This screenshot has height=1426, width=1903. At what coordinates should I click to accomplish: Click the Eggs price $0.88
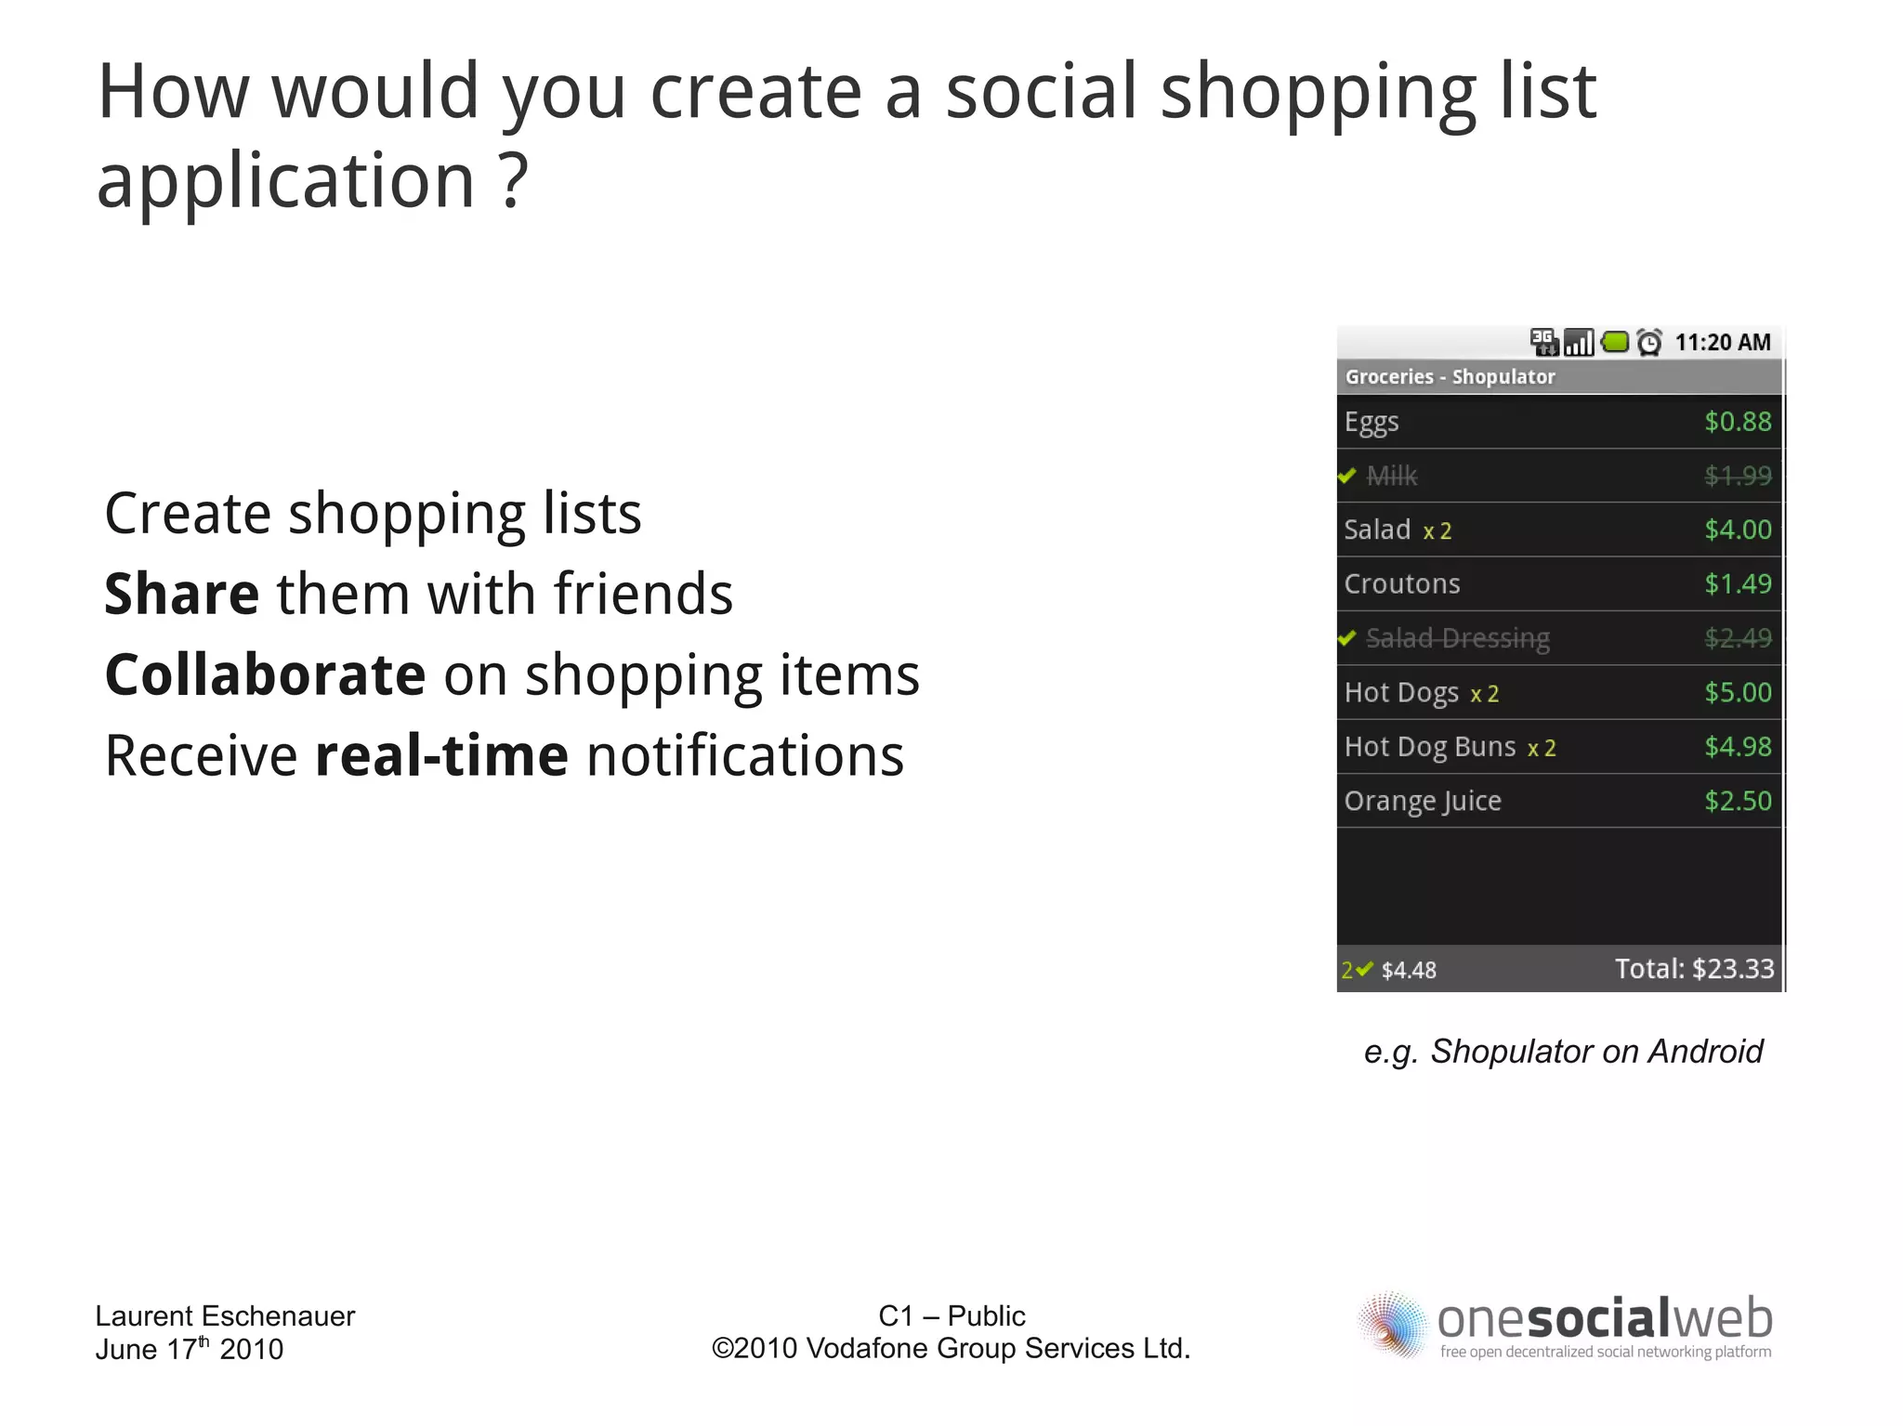pyautogui.click(x=1737, y=422)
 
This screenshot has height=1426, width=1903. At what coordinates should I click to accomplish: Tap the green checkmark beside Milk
pyautogui.click(x=1347, y=476)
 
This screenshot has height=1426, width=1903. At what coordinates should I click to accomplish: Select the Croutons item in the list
pyautogui.click(x=1401, y=584)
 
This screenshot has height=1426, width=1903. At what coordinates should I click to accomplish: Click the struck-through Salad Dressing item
pyautogui.click(x=1457, y=638)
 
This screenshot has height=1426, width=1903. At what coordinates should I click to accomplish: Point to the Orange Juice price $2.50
pyautogui.click(x=1737, y=801)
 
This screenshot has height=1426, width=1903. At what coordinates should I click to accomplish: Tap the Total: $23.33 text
pyautogui.click(x=1694, y=969)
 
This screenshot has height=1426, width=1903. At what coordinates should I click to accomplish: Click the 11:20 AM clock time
pyautogui.click(x=1722, y=343)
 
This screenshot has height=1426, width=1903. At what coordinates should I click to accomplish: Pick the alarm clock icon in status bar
pyautogui.click(x=1649, y=343)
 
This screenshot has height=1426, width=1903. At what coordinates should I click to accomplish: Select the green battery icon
pyautogui.click(x=1616, y=342)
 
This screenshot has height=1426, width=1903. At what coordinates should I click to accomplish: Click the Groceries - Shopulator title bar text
pyautogui.click(x=1450, y=377)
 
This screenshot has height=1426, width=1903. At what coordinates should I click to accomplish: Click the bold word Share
pyautogui.click(x=181, y=594)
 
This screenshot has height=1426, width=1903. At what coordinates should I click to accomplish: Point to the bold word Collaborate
pyautogui.click(x=266, y=674)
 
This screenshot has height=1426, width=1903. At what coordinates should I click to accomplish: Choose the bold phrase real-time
pyautogui.click(x=441, y=755)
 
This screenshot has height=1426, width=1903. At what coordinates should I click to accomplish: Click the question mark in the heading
pyautogui.click(x=514, y=180)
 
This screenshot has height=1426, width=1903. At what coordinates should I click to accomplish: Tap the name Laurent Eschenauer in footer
pyautogui.click(x=225, y=1315)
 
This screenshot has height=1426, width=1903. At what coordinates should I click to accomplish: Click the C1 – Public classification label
pyautogui.click(x=951, y=1315)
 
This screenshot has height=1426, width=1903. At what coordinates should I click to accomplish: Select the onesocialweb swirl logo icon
pyautogui.click(x=1391, y=1325)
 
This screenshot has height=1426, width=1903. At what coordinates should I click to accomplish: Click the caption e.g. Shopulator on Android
pyautogui.click(x=1563, y=1052)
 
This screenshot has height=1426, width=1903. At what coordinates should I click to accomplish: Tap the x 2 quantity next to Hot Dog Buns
pyautogui.click(x=1542, y=749)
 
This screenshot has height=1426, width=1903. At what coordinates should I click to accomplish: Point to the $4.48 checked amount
pyautogui.click(x=1409, y=971)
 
